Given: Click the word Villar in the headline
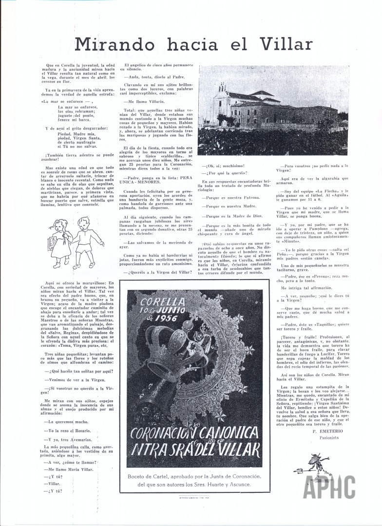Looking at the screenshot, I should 286,45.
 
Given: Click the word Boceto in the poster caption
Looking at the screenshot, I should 139,475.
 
